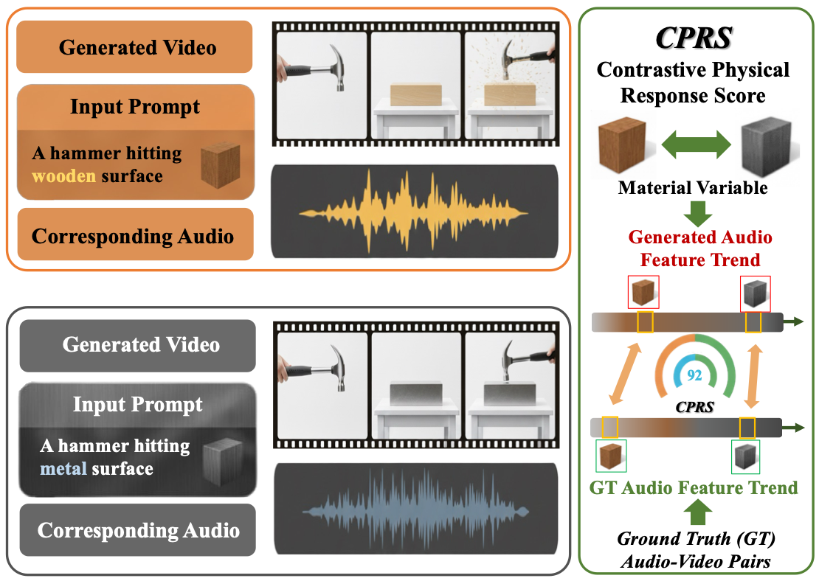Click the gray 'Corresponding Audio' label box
(138, 530)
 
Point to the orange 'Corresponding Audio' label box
(133, 235)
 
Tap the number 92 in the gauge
(694, 375)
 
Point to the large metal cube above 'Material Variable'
(766, 150)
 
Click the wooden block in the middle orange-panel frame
(415, 96)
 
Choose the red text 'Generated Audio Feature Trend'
(699, 248)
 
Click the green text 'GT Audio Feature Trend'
(694, 487)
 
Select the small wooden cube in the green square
(612, 456)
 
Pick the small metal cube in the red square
(754, 293)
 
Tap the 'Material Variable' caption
(693, 188)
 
